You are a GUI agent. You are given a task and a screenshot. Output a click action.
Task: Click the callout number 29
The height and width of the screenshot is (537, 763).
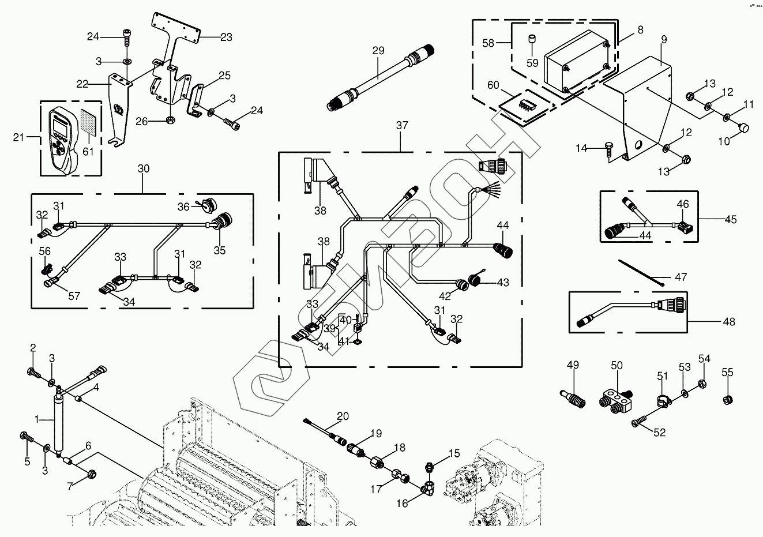tap(378, 51)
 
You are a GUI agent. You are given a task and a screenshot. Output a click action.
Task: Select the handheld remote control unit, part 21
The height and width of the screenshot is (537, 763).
tap(63, 139)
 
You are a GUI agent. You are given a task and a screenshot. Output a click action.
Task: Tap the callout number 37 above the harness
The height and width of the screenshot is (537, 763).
tap(402, 125)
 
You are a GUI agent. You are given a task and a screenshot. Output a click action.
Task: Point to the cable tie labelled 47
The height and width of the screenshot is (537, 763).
tap(642, 272)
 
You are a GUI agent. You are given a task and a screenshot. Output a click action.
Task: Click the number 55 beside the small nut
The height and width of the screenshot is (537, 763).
tap(728, 373)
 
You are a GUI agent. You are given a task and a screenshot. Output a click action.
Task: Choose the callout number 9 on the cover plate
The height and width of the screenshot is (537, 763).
tap(664, 39)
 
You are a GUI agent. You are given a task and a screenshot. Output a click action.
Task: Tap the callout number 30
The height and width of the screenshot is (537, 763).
tap(144, 168)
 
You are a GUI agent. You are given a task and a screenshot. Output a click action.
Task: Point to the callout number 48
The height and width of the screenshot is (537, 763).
tap(729, 322)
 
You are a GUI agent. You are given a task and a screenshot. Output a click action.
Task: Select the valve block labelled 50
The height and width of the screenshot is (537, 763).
tap(617, 397)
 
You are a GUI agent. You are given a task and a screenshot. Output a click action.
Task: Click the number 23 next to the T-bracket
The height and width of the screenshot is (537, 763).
tap(226, 37)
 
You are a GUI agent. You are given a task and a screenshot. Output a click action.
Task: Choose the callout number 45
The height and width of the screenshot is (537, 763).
tap(730, 219)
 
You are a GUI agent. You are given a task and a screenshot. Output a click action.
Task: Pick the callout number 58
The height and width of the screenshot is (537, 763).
tap(489, 43)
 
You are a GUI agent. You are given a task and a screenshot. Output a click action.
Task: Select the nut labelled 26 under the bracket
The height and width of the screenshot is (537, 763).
tap(171, 121)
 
